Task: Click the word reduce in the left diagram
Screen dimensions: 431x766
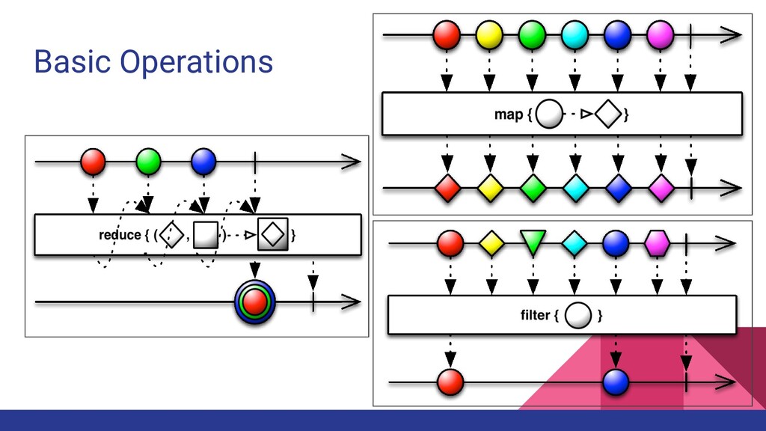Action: (x=120, y=235)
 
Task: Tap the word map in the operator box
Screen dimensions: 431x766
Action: (x=509, y=114)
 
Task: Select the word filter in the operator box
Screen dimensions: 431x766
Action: (x=535, y=315)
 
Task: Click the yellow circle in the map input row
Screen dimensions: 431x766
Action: (x=489, y=34)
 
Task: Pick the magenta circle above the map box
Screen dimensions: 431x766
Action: (x=660, y=34)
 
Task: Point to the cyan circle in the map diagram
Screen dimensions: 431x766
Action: (x=574, y=34)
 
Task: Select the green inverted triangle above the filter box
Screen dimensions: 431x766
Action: (x=533, y=242)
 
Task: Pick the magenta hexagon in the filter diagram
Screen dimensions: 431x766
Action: (x=657, y=242)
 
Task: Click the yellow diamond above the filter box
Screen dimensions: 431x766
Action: (x=491, y=242)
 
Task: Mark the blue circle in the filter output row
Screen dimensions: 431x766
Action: (x=616, y=382)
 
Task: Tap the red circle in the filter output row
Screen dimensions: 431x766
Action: (x=450, y=382)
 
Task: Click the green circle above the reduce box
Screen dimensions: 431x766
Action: (x=148, y=161)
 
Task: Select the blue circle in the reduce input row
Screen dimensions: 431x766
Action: (x=203, y=161)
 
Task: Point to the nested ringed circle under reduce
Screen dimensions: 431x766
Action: (x=255, y=302)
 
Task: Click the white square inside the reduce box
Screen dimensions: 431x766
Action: (x=206, y=235)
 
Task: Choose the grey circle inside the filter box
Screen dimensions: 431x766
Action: (x=578, y=315)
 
